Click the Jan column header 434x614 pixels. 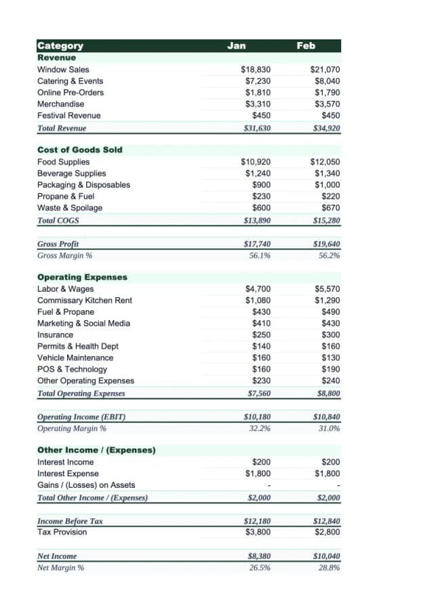coord(236,45)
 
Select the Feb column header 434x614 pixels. coord(306,45)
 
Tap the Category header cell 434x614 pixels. coord(60,45)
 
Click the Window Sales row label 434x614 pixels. coord(63,69)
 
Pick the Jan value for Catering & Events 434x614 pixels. coord(258,81)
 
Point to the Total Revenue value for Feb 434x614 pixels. coord(326,128)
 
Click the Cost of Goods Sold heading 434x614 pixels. coord(80,149)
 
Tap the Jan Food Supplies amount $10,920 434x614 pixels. coord(256,161)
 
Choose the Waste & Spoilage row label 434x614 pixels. coord(70,208)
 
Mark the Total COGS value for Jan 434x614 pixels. coord(257,220)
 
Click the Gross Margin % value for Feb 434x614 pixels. coord(329,255)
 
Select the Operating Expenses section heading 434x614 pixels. coord(82,277)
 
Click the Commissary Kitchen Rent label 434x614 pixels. coord(85,300)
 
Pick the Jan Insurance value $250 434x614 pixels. coord(262,334)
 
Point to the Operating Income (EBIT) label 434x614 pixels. coord(81,417)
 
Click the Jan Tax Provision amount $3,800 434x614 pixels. coord(258,532)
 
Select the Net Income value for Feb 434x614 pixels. coord(326,556)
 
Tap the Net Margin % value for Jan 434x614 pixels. coord(260,567)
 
